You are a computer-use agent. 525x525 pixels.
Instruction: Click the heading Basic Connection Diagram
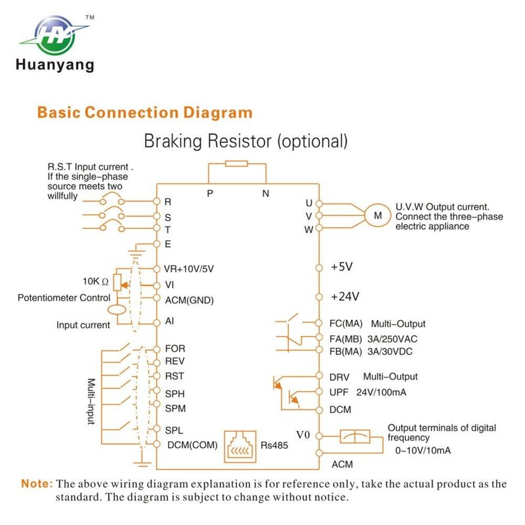click(x=144, y=112)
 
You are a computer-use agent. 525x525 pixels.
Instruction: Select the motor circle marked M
click(x=377, y=215)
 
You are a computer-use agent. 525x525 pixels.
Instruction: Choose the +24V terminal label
click(x=345, y=296)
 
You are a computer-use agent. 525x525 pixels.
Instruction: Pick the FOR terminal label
click(x=175, y=349)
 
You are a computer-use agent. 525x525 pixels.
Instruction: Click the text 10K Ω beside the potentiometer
click(x=96, y=281)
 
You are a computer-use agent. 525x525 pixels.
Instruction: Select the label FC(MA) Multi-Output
click(x=378, y=324)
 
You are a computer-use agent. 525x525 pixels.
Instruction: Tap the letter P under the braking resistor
click(x=209, y=193)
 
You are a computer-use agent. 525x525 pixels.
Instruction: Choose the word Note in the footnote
click(x=37, y=484)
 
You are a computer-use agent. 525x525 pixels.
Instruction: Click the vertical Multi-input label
click(x=92, y=401)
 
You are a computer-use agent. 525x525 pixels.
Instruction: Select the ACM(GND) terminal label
click(x=189, y=300)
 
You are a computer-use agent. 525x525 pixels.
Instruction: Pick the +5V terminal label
click(x=342, y=267)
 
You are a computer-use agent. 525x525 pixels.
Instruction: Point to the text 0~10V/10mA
click(x=422, y=451)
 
